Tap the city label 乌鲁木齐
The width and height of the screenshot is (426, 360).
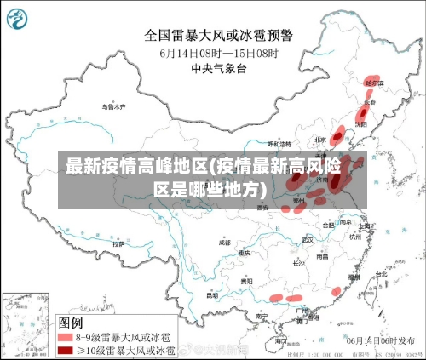113,107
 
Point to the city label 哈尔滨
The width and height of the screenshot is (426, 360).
374,83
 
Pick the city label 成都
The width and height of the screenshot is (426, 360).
224,243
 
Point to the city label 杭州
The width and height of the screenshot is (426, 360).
354,238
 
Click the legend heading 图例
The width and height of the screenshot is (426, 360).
70,323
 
